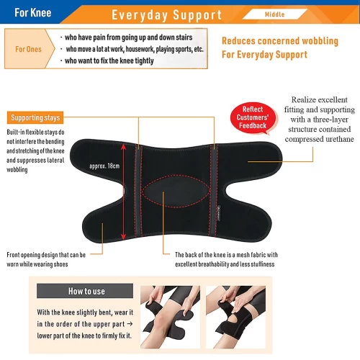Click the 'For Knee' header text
click(33, 12)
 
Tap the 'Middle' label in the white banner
click(274, 14)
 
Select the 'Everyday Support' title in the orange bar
click(166, 15)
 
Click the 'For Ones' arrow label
click(28, 49)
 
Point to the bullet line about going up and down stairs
click(127, 37)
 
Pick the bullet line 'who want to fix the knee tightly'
click(107, 60)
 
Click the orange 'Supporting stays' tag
click(35, 117)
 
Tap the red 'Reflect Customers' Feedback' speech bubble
click(253, 117)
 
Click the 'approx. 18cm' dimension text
click(104, 166)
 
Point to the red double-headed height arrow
click(123, 192)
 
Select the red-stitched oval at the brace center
click(176, 191)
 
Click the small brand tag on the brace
click(218, 213)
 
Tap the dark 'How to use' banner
click(85, 291)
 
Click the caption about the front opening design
click(46, 259)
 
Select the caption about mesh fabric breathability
click(226, 259)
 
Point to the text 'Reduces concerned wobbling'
click(280, 41)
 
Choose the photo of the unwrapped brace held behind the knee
click(170, 317)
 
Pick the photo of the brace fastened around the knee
click(235, 317)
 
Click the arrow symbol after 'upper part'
click(130, 324)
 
